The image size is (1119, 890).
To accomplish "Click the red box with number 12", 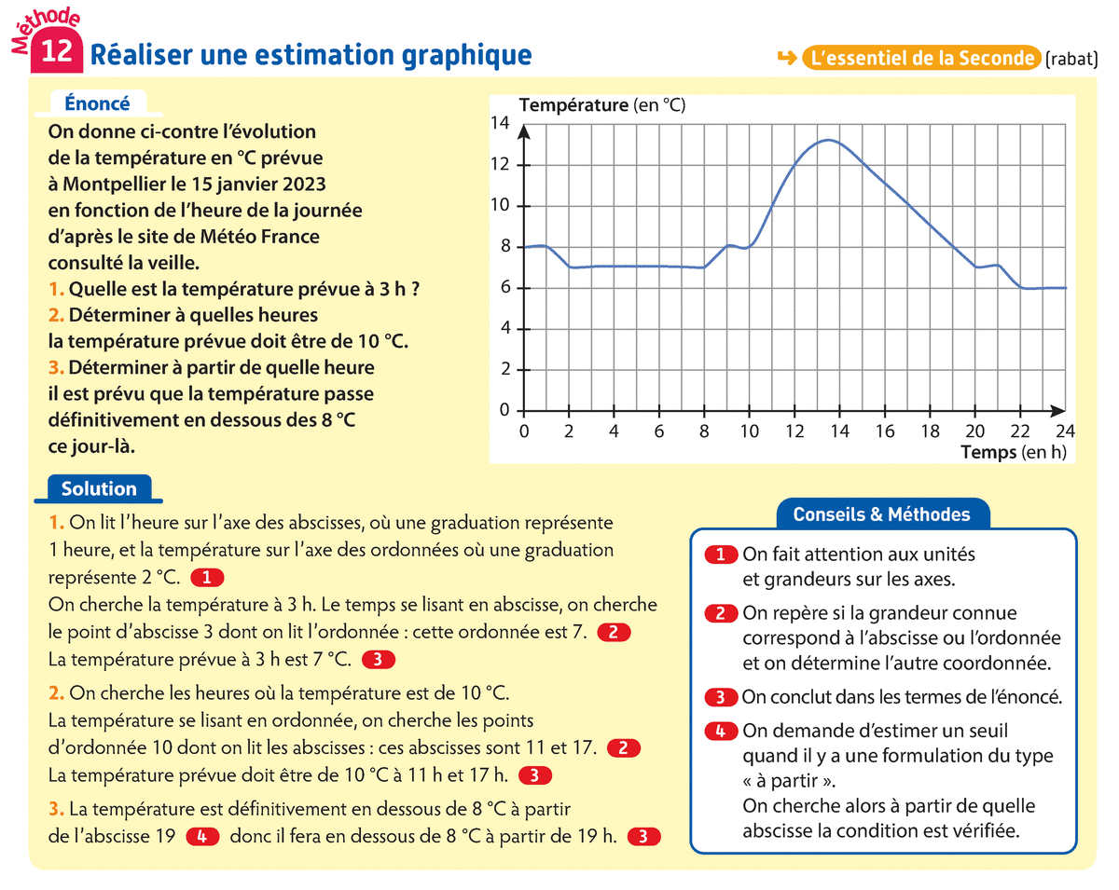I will click(x=57, y=51).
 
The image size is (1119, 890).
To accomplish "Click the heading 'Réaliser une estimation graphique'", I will click(x=311, y=55).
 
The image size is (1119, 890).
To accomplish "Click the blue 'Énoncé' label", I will click(x=97, y=104).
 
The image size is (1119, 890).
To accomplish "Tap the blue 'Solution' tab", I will click(x=99, y=489).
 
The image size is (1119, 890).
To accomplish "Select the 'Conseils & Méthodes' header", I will click(x=881, y=514).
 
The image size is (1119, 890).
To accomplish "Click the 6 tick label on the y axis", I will click(x=505, y=288).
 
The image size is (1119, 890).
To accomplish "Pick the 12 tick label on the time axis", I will click(x=794, y=431).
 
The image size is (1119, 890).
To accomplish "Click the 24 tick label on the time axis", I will click(x=1064, y=431).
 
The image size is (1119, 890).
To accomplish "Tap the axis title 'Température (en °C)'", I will click(x=601, y=105).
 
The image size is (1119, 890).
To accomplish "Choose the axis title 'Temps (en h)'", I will click(x=1012, y=453).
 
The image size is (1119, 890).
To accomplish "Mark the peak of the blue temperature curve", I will click(x=829, y=141).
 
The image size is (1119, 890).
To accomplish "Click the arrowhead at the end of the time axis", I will click(x=1058, y=410).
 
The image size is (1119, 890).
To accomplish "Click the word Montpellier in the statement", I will click(x=123, y=185).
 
